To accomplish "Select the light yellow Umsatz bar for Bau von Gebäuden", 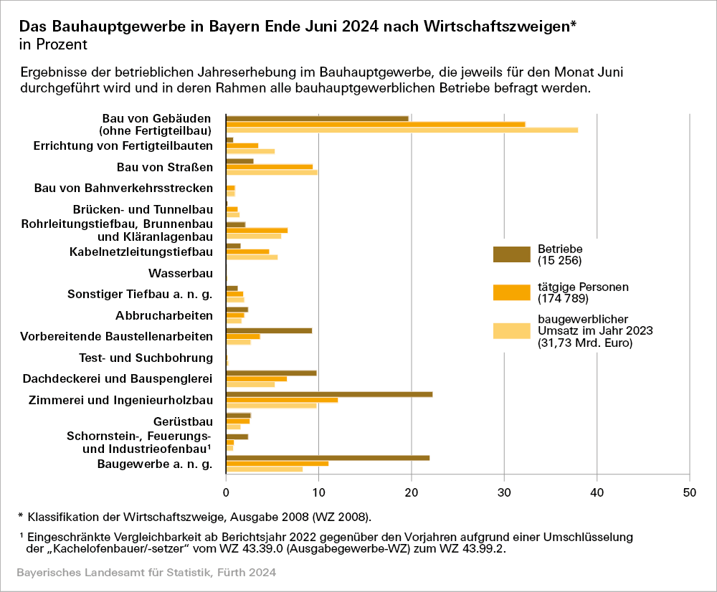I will (x=402, y=130).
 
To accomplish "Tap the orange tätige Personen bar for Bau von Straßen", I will (x=269, y=166).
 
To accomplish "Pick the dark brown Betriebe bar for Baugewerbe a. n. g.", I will (x=328, y=457).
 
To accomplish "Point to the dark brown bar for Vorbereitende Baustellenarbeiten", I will (x=269, y=330).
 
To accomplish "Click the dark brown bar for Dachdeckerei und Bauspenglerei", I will (x=271, y=373).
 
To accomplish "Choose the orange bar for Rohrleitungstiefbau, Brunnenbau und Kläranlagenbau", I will (x=257, y=230).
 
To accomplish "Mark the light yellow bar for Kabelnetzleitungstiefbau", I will (x=252, y=257).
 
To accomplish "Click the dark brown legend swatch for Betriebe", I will (x=511, y=254).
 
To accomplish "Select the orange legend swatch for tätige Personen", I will (x=511, y=292).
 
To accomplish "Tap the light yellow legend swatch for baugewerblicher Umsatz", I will (x=511, y=330).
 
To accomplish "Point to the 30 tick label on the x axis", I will (x=504, y=492).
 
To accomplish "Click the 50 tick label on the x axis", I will (x=689, y=492).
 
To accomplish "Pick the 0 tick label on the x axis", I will (x=226, y=492).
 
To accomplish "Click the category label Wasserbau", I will (x=181, y=273).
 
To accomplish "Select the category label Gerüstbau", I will (x=183, y=421).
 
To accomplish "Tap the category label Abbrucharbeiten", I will (x=164, y=315).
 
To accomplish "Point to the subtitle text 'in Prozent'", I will (x=53, y=45).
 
